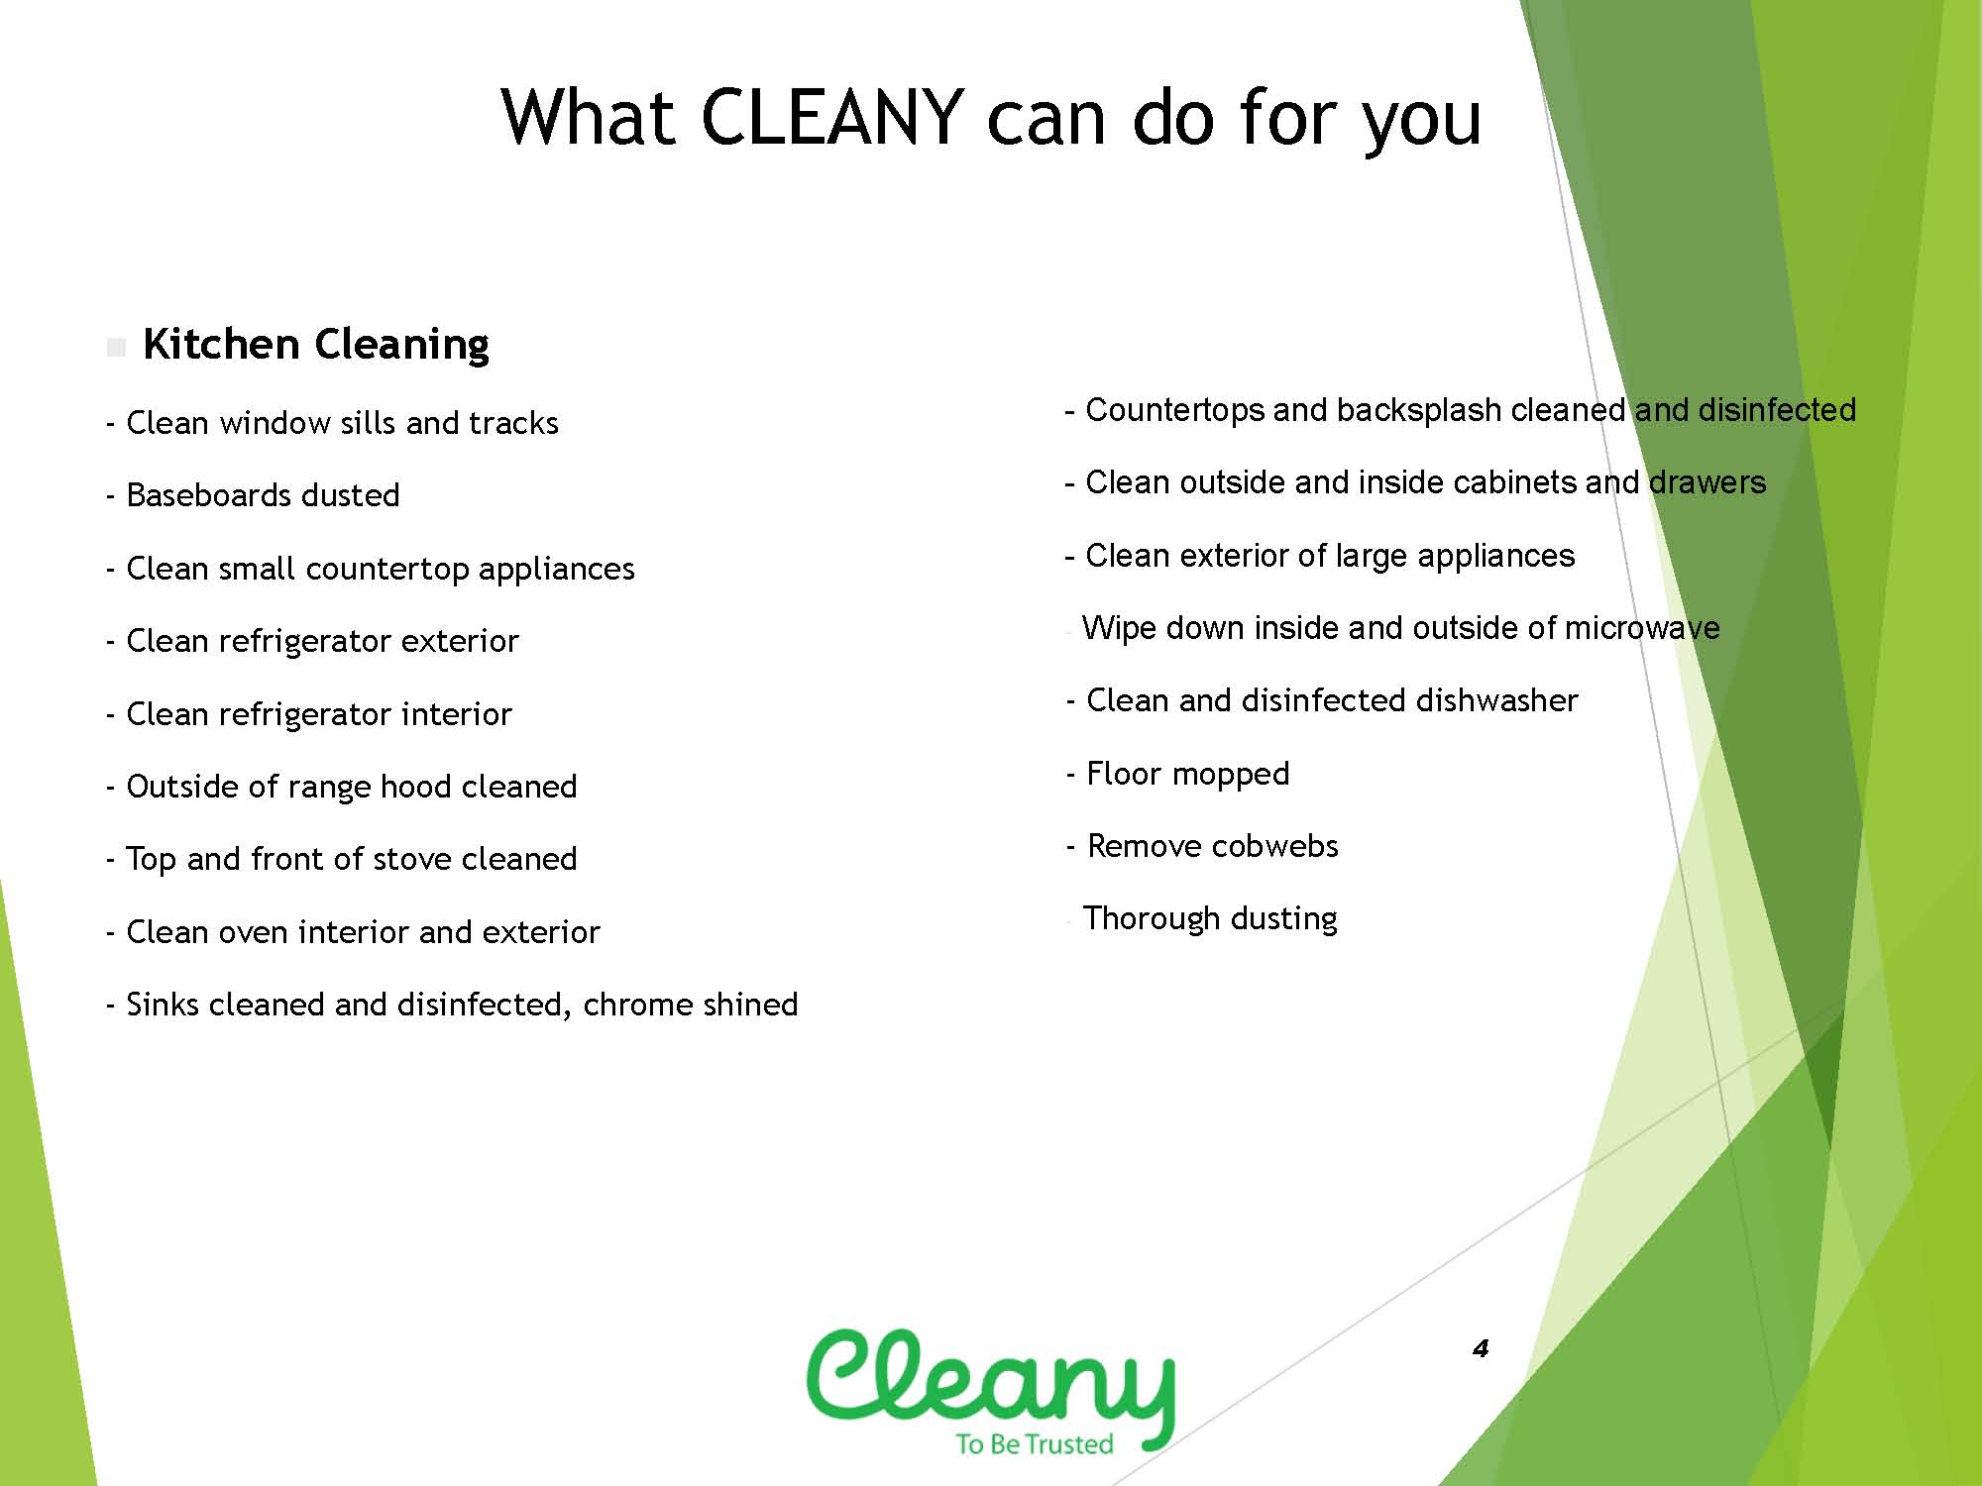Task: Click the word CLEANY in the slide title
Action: point(832,117)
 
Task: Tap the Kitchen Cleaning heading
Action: point(316,345)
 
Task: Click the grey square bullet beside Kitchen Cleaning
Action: point(116,348)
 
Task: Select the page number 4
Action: point(1481,1348)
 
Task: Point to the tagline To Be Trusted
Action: point(1035,1443)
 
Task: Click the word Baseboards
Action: point(209,494)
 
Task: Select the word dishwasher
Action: point(1496,700)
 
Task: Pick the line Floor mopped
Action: point(1178,774)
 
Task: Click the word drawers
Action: point(1707,482)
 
